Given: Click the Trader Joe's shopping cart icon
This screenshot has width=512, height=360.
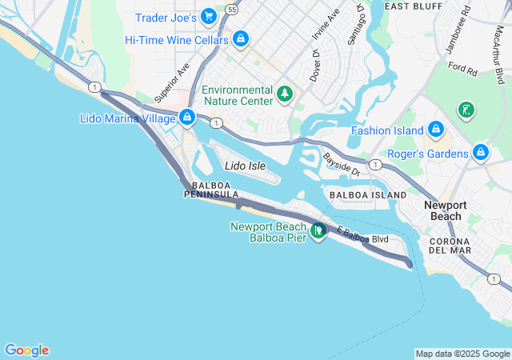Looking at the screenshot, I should [209, 16].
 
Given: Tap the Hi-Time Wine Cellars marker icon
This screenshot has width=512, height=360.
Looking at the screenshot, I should [241, 38].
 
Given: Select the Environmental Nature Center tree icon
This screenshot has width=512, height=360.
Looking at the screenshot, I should [284, 95].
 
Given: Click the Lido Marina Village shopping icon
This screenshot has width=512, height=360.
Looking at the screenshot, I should [186, 118].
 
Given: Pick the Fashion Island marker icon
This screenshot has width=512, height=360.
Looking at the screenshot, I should [435, 130].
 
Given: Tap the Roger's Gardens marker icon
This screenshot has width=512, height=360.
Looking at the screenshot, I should [480, 152].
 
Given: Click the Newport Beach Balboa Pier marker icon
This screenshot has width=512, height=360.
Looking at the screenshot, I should [318, 231].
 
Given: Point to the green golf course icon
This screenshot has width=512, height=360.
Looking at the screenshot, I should [465, 109].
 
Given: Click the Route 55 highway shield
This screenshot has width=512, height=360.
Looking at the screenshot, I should [231, 9].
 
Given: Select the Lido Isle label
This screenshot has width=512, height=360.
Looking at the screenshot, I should [245, 166].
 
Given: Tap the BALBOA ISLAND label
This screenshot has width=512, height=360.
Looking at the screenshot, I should [368, 194].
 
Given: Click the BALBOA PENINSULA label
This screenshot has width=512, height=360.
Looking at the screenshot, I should [211, 190].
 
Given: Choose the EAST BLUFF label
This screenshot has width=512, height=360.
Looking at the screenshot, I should [414, 6].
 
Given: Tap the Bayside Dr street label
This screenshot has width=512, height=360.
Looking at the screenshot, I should [343, 165].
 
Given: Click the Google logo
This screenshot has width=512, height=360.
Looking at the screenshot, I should [26, 350].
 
